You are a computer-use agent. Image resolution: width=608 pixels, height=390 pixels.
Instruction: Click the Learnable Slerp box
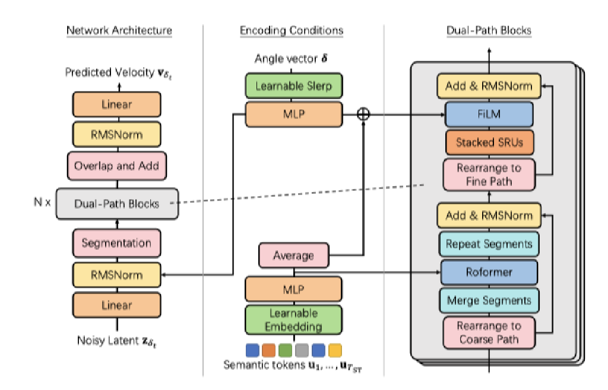click(x=293, y=86)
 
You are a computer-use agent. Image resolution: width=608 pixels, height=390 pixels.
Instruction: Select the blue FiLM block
click(x=489, y=114)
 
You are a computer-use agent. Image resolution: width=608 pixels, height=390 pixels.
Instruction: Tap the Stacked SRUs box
click(x=489, y=143)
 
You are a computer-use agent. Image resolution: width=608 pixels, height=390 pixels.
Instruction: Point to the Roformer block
click(x=489, y=272)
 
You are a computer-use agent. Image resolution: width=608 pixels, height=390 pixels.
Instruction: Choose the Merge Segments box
click(x=489, y=300)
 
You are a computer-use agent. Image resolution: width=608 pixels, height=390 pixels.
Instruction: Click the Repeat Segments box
click(x=489, y=244)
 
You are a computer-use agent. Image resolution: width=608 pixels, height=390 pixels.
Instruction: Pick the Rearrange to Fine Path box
click(x=489, y=175)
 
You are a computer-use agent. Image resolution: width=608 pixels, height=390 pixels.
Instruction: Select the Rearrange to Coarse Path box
click(x=489, y=333)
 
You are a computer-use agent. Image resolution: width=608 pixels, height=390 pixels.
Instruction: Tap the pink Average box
click(x=293, y=256)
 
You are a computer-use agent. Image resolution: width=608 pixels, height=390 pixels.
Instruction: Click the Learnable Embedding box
click(x=293, y=319)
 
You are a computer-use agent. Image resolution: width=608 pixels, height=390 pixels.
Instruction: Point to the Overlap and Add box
click(x=116, y=166)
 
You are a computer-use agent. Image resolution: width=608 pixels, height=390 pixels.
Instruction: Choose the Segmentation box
click(x=116, y=243)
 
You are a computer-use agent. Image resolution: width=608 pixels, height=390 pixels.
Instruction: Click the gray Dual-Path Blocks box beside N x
click(x=116, y=203)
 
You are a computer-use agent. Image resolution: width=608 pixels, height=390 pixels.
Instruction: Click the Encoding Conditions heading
click(x=291, y=30)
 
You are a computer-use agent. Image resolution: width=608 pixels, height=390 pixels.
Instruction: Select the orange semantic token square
click(x=269, y=349)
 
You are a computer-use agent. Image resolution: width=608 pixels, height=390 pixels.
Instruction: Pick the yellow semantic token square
click(x=335, y=349)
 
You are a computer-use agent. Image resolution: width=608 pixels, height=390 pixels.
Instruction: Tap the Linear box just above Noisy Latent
click(x=116, y=305)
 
